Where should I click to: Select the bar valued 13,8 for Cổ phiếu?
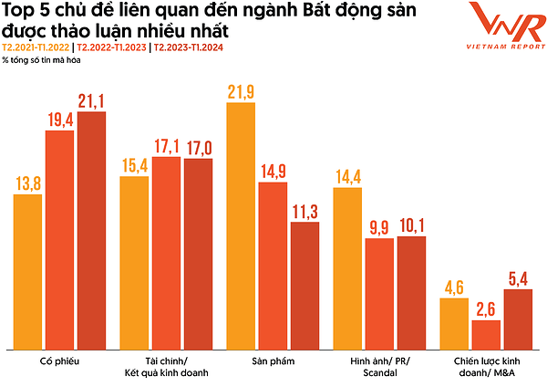27,271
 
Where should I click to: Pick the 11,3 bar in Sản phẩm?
304,286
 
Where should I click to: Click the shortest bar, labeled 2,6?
485,334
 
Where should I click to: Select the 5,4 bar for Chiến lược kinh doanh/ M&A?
518,319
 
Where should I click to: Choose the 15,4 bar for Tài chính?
134,262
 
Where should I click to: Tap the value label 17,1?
166,146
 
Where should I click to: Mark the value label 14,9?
273,172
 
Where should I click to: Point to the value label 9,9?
379,227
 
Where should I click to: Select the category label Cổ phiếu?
59,361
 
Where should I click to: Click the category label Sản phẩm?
273,361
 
